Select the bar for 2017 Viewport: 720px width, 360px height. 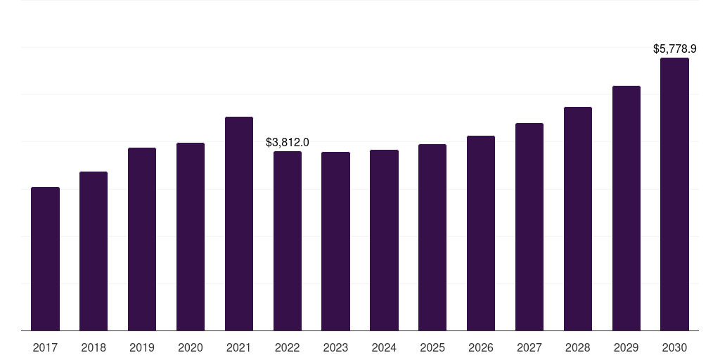click(x=45, y=259)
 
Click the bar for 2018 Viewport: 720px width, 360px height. click(x=94, y=251)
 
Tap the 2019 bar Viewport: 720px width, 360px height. click(x=142, y=239)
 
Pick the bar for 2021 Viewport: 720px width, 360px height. click(x=239, y=224)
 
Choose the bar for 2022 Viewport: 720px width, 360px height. click(x=288, y=241)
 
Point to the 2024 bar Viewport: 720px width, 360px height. click(x=385, y=240)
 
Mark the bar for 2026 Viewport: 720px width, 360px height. click(x=481, y=233)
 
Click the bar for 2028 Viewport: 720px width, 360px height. click(x=578, y=219)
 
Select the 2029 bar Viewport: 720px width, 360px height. click(x=626, y=208)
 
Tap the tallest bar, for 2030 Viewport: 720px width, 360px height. click(x=674, y=194)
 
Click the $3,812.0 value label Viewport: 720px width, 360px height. click(x=288, y=142)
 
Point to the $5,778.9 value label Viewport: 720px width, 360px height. click(x=674, y=49)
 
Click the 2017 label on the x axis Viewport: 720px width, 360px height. click(x=45, y=347)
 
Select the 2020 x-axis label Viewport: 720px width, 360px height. click(x=190, y=347)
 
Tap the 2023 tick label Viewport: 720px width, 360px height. click(x=335, y=347)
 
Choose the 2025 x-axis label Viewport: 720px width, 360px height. click(x=432, y=347)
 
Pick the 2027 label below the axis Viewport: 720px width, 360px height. click(x=529, y=347)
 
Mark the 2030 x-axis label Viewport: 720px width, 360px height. click(x=674, y=347)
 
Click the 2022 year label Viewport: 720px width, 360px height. click(x=288, y=347)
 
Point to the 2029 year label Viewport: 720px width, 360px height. click(x=626, y=347)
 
